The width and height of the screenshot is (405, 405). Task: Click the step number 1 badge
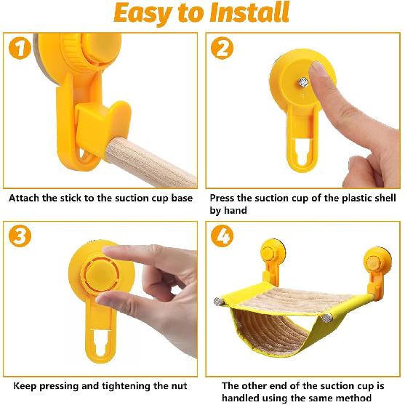tap(20, 48)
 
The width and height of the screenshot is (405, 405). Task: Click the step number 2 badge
tap(222, 48)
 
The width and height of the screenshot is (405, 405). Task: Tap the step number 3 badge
tap(20, 236)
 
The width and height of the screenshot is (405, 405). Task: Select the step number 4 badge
tap(222, 236)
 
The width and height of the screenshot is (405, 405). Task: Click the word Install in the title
tap(249, 12)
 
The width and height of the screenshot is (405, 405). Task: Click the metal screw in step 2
tap(303, 82)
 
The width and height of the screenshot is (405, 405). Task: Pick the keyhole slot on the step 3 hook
tap(101, 343)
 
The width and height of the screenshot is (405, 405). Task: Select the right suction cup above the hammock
tap(377, 261)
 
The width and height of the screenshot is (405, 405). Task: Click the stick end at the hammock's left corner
tap(217, 302)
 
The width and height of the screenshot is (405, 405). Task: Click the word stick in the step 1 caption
tap(71, 198)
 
